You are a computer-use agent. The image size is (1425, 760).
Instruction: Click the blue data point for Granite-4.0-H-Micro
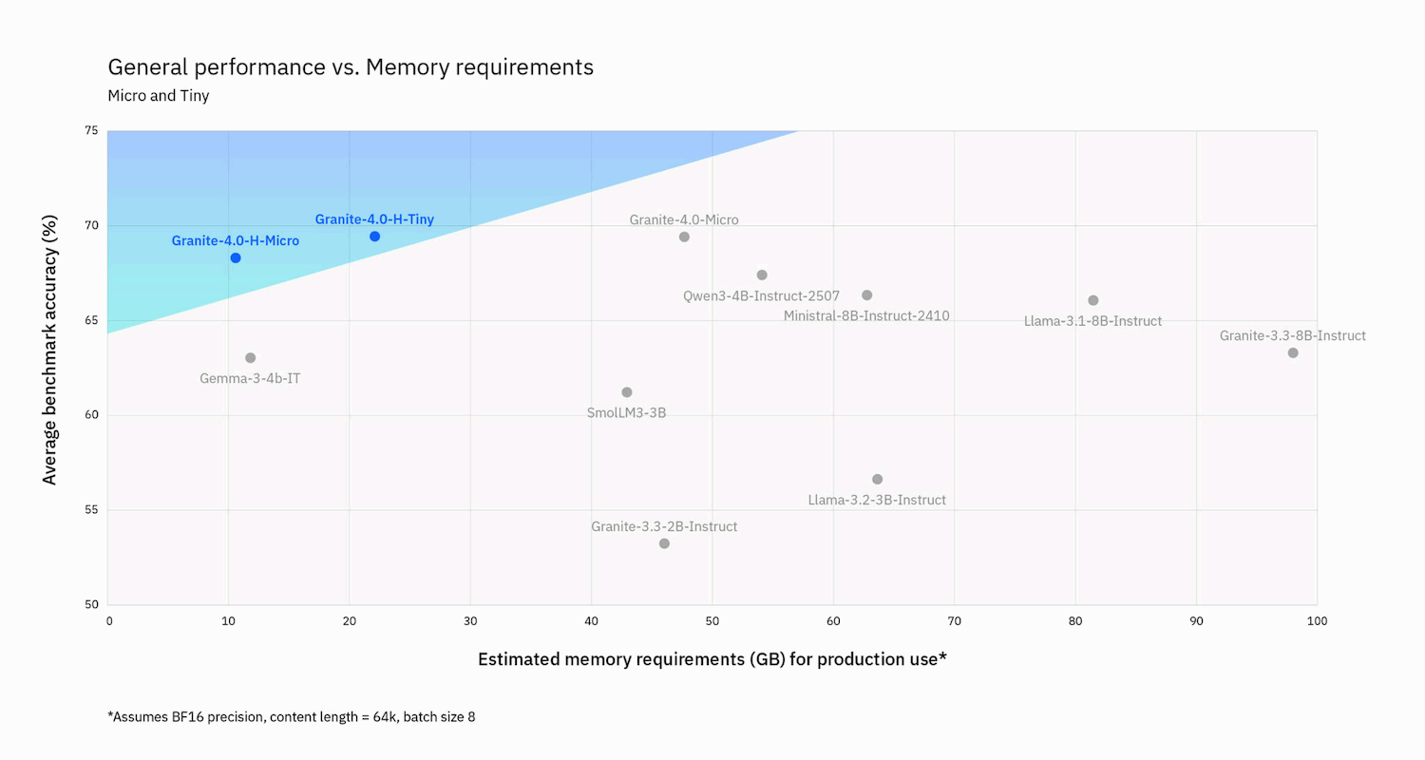coord(236,257)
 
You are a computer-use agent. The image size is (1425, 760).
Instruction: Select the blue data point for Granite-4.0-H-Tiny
coord(374,236)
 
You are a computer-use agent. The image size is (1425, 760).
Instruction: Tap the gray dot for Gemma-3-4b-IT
coord(251,357)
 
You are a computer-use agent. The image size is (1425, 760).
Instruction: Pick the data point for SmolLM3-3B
coord(627,392)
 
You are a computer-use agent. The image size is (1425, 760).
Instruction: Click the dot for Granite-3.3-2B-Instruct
coord(664,543)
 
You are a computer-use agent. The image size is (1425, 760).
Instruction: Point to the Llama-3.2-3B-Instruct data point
coord(877,479)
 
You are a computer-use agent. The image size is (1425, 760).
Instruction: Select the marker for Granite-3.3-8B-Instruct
coord(1293,352)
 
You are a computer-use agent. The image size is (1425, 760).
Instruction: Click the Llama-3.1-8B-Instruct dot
coord(1093,300)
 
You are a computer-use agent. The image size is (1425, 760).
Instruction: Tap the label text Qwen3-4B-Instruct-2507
coord(761,295)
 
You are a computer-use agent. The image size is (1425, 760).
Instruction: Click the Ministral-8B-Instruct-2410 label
coord(866,315)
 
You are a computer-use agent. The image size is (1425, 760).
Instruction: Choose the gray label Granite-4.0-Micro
coord(684,219)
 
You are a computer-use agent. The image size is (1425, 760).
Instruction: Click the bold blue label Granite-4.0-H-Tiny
coord(374,219)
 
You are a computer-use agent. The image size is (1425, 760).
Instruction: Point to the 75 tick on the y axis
coord(91,131)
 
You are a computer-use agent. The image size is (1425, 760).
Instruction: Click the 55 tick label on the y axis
coord(91,510)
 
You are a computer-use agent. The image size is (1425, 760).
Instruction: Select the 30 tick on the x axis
coord(470,621)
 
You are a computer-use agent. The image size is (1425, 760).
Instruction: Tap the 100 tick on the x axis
coord(1317,621)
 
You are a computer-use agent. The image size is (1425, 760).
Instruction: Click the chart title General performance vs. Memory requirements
coord(351,67)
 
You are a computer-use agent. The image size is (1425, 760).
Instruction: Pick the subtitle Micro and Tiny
coord(158,96)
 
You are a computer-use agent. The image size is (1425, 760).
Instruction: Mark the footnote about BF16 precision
coord(292,716)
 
